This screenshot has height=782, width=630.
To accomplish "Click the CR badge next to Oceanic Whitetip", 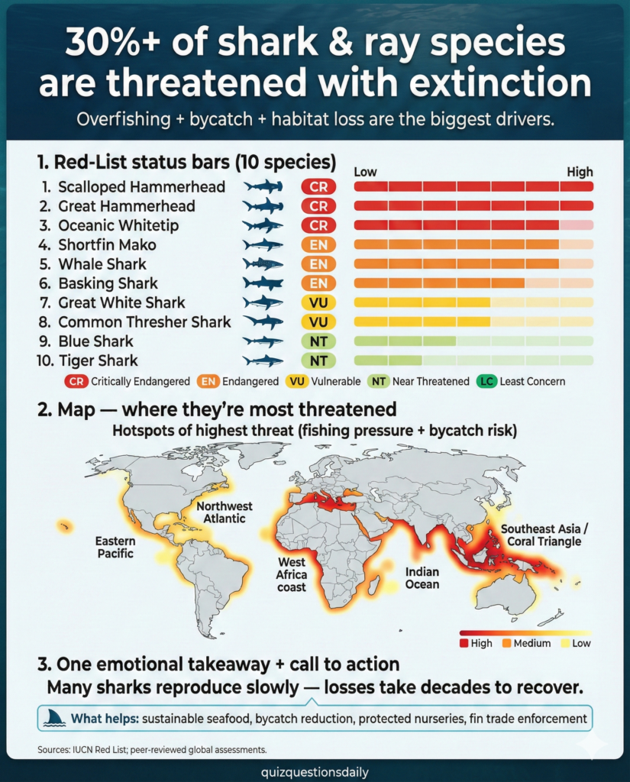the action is click(x=318, y=225).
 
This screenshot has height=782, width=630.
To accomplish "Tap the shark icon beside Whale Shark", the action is click(x=263, y=264).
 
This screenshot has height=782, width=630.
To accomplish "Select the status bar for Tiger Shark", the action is click(x=473, y=360).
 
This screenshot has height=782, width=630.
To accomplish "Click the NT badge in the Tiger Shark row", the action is click(x=318, y=360).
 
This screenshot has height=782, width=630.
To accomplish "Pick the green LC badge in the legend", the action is click(x=486, y=380).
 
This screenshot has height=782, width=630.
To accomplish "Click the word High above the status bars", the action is click(x=580, y=172).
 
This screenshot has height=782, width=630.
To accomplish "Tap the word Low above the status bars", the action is click(x=365, y=172).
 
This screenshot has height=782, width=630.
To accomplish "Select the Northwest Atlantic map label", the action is click(x=225, y=512).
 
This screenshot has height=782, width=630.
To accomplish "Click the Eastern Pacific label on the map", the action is click(x=115, y=547).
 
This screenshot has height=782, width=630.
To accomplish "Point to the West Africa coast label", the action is click(x=292, y=574).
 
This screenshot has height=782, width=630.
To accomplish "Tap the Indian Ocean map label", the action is click(x=422, y=577).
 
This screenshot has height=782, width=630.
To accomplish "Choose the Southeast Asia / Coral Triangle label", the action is click(x=541, y=535).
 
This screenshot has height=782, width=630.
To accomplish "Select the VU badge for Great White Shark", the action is click(x=318, y=302).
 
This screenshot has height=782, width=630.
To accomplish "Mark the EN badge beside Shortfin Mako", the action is click(x=318, y=245).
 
